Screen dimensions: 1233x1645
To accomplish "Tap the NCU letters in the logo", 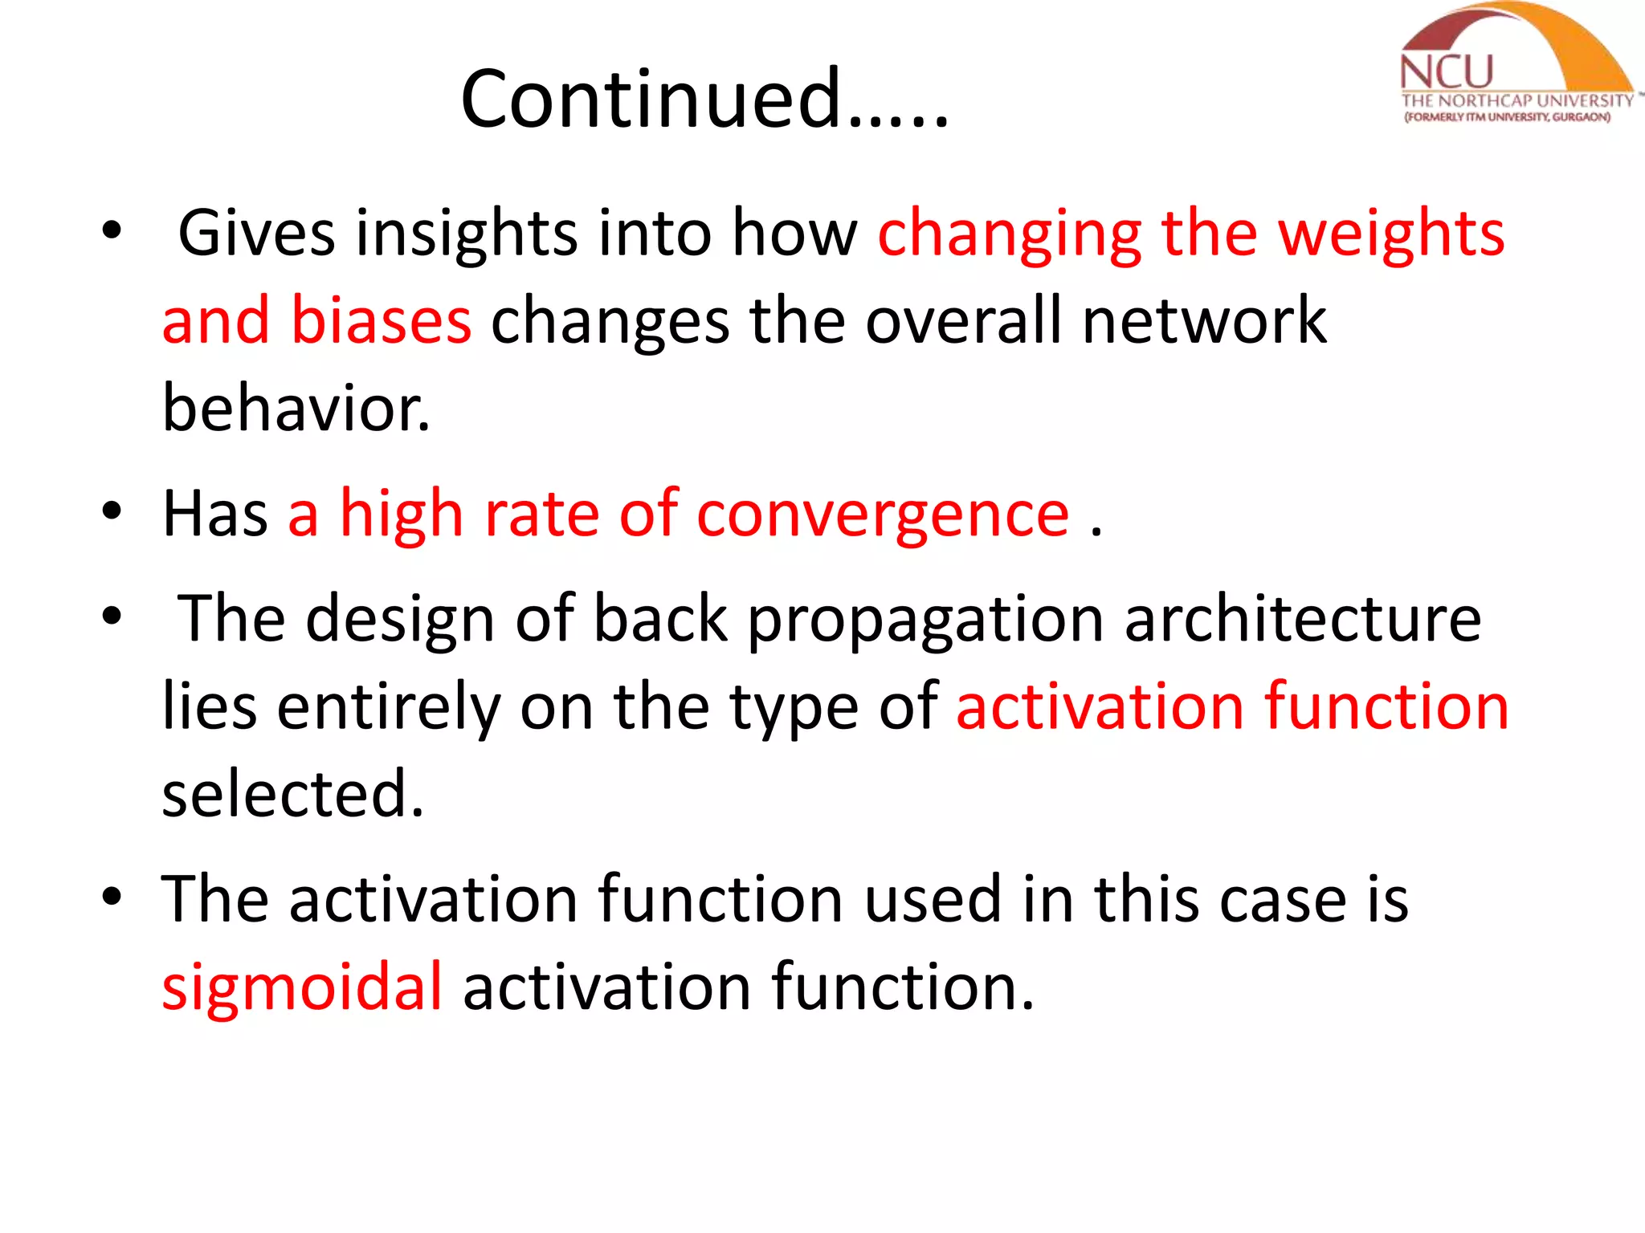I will click(x=1446, y=72).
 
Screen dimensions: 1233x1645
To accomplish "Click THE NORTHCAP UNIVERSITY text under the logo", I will click(x=1516, y=101).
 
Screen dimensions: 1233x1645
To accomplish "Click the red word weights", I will click(x=1390, y=234).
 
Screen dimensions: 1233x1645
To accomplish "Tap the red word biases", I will click(x=381, y=320).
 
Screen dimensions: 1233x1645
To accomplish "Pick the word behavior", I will click(x=296, y=408).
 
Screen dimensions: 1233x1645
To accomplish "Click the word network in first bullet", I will click(x=1204, y=320).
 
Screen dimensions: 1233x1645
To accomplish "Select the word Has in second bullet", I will click(x=214, y=514).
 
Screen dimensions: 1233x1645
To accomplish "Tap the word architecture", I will click(x=1302, y=619).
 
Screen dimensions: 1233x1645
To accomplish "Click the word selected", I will click(x=292, y=794).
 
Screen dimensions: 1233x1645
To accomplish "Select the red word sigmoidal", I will click(x=302, y=987).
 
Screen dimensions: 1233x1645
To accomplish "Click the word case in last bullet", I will click(x=1282, y=900).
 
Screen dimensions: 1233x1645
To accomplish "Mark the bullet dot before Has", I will click(x=112, y=511).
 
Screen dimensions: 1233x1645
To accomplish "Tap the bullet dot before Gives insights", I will click(x=112, y=230).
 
